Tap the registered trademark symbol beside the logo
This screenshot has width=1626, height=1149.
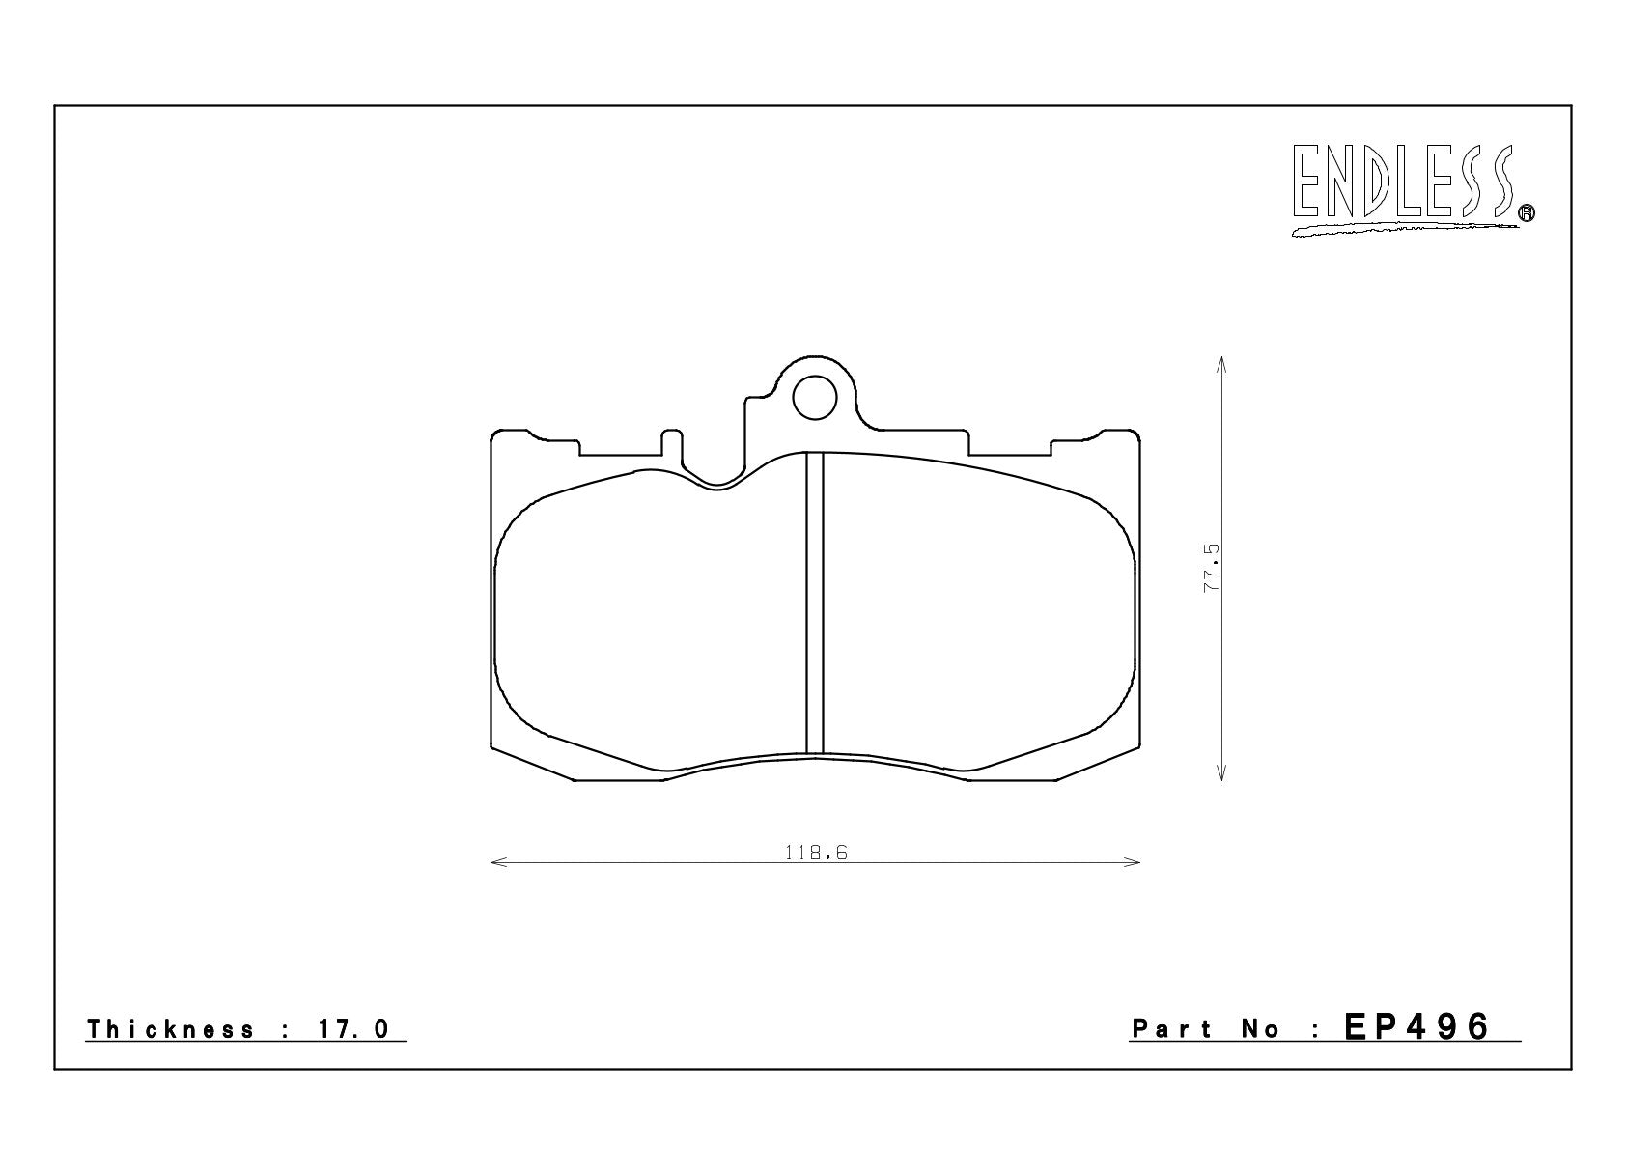[1527, 212]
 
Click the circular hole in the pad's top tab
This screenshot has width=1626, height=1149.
[815, 398]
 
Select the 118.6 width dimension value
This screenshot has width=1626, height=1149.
[816, 853]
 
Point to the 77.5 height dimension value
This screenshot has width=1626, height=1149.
[1212, 568]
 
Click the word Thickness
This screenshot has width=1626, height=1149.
[171, 1029]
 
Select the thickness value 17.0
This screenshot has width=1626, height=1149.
[353, 1029]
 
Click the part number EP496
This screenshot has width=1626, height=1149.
[1416, 1027]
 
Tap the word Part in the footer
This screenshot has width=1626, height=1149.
[1171, 1029]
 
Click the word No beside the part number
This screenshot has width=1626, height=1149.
[1260, 1029]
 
